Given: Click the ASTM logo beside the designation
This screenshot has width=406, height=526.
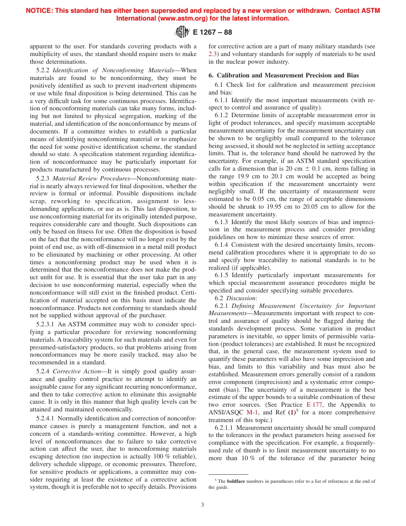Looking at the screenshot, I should [x=182, y=32].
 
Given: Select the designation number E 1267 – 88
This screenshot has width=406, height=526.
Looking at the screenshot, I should [x=212, y=33].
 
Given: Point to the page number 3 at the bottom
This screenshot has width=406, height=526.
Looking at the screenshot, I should [x=203, y=505].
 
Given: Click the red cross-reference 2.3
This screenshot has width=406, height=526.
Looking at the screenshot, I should [x=212, y=54].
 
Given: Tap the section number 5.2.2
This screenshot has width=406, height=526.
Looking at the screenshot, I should [x=43, y=70].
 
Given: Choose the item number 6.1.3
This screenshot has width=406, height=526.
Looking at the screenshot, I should [x=222, y=222].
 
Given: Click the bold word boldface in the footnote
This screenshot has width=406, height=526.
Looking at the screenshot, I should [x=236, y=481].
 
